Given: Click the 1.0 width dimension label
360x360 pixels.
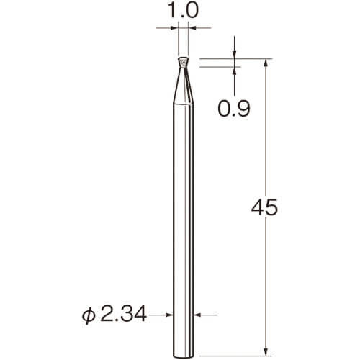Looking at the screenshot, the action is [184, 11].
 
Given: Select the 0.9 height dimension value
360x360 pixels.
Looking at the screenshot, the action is [234, 109].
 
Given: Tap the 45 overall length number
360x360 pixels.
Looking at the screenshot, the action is [264, 207].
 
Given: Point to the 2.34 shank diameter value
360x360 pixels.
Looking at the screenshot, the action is [123, 315].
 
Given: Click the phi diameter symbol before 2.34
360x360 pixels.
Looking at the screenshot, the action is [89, 315].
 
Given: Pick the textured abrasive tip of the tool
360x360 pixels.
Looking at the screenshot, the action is [184, 63].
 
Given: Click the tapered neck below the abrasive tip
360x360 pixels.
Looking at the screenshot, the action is [183, 86].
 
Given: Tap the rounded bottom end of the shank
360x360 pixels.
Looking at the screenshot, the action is [183, 356].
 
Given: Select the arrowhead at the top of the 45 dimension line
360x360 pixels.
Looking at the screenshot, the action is [266, 63].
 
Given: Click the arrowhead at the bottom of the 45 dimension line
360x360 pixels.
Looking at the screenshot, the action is [266, 352].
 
